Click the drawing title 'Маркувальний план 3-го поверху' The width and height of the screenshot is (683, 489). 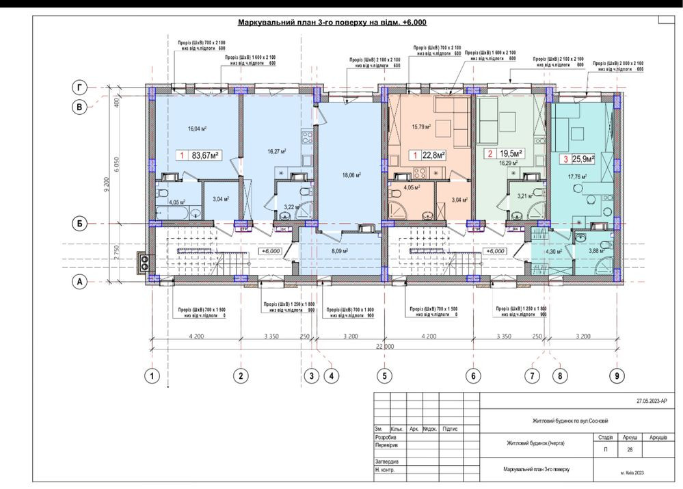click(332, 23)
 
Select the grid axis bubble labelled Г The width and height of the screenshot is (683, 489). click(80, 88)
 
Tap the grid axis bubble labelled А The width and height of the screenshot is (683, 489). click(80, 280)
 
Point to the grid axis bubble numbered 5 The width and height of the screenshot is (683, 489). click(384, 375)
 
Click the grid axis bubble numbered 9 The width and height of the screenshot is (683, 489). click(617, 375)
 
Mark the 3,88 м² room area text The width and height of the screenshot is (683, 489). click(598, 251)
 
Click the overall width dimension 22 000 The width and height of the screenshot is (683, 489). click(384, 347)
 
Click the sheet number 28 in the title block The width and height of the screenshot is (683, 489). click(630, 450)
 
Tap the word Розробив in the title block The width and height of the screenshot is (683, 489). click(386, 436)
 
